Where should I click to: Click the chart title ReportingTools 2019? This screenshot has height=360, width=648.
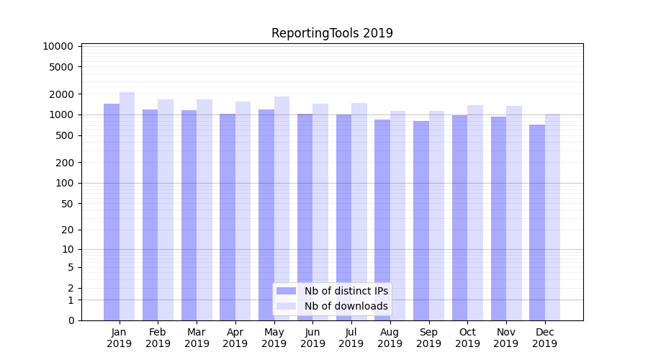(332, 33)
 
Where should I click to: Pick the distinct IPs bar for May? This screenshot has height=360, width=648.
(266, 215)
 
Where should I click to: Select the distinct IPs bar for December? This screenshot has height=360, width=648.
(537, 222)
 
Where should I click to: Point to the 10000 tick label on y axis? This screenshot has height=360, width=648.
(58, 46)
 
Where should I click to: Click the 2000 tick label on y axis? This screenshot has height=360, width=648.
(61, 94)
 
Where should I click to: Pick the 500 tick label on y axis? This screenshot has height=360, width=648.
(64, 135)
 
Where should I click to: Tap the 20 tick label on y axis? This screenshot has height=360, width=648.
(67, 230)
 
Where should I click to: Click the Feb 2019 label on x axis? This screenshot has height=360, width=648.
(158, 338)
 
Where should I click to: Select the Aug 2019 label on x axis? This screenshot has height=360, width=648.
(390, 338)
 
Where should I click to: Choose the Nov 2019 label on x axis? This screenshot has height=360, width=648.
(506, 338)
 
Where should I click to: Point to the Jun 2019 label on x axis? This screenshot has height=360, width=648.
(312, 338)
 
